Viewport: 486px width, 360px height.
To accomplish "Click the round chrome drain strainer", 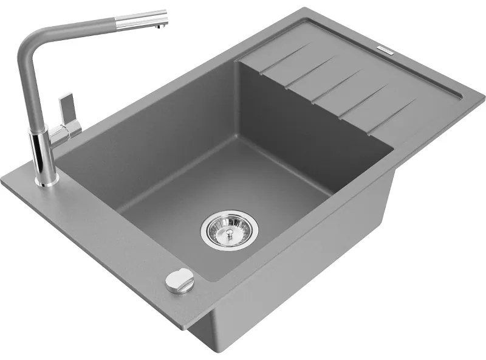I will coord(229,229).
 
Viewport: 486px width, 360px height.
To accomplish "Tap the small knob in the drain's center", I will coord(229,230).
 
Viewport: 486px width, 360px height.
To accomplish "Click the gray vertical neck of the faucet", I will coord(24,91).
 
